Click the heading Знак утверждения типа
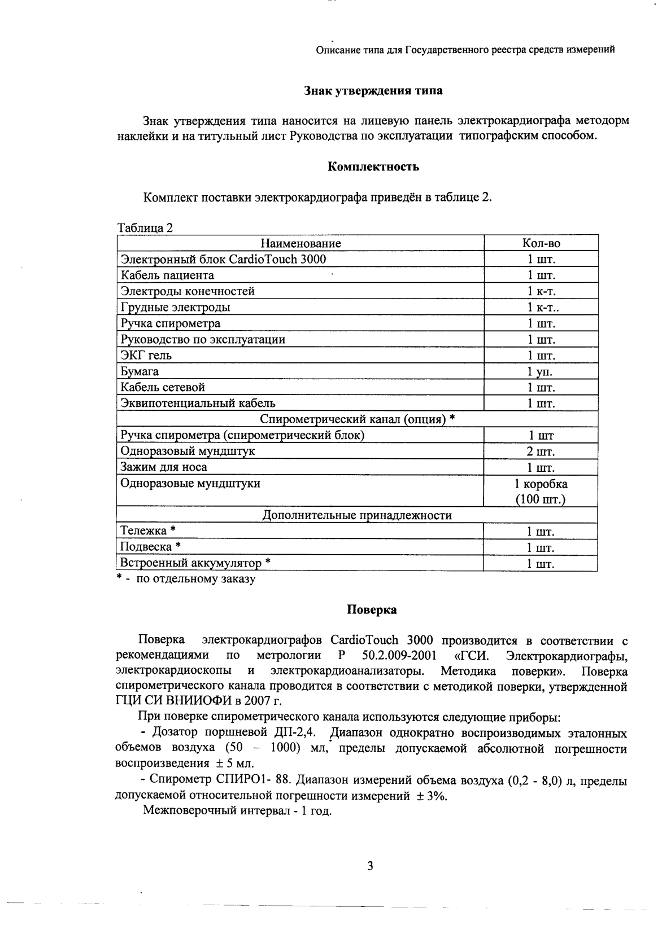point(373,90)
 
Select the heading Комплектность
point(373,166)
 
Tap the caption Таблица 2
point(145,228)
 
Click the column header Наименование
point(300,243)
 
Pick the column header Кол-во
point(541,243)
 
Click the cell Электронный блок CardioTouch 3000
point(224,259)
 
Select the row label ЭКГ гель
point(146,356)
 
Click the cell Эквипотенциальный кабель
point(198,403)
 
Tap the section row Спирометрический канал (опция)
point(357,419)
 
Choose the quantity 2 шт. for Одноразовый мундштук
point(541,451)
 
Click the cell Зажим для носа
point(164,467)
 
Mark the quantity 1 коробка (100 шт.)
point(541,492)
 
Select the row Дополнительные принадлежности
point(357,515)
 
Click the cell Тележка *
point(148,531)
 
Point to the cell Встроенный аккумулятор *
point(195,563)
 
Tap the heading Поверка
point(371,610)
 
